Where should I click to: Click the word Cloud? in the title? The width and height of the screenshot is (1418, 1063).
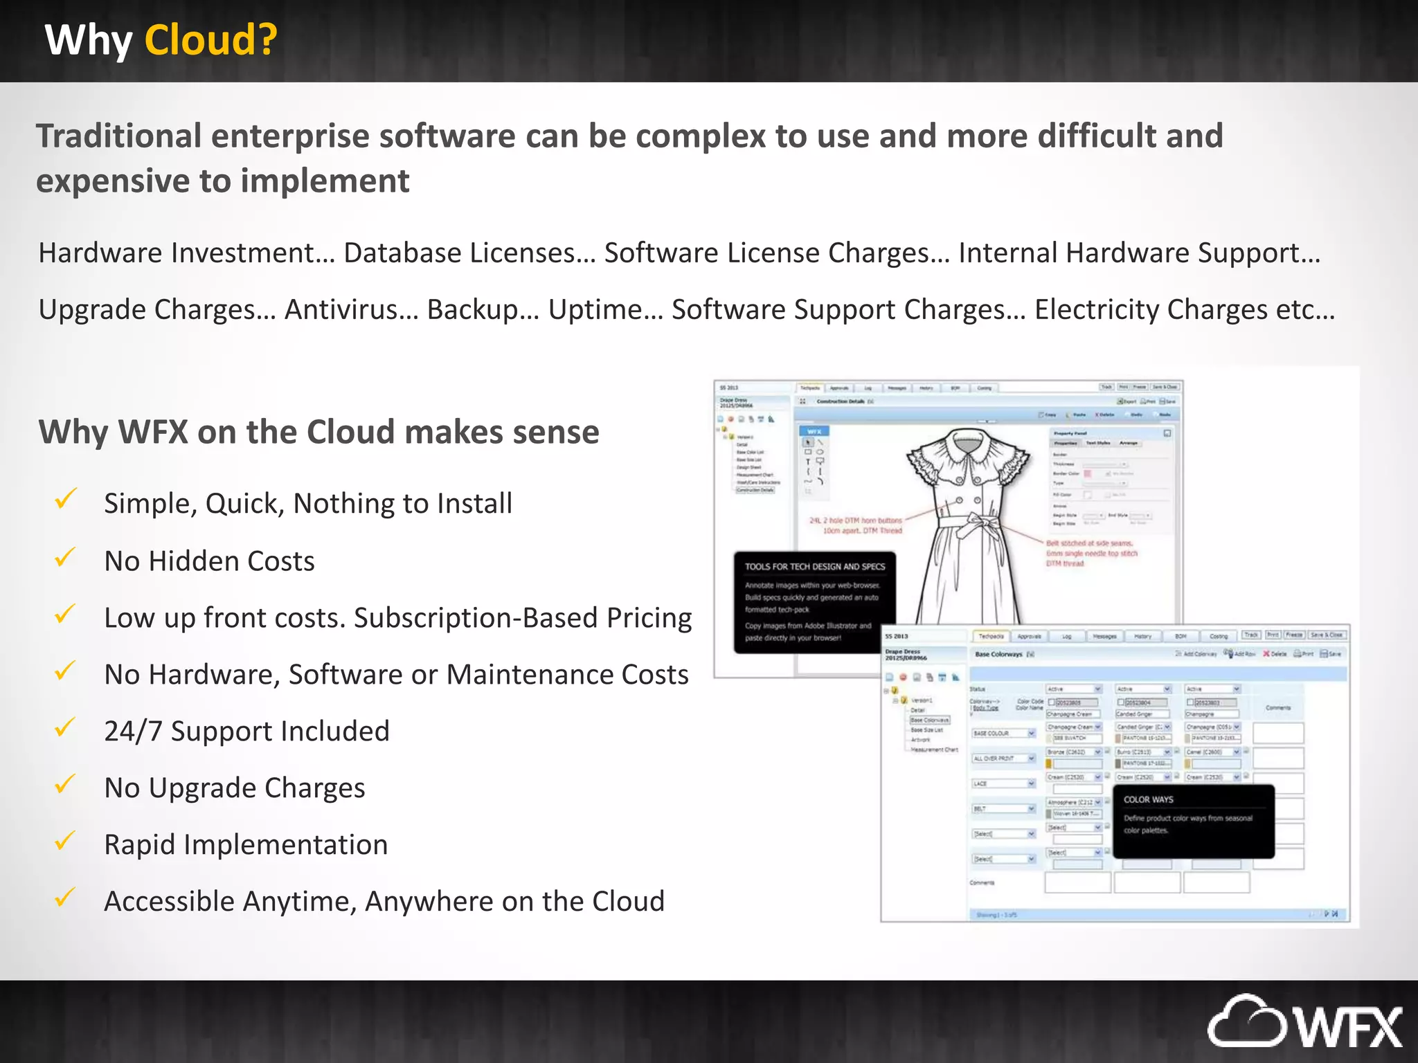pos(210,40)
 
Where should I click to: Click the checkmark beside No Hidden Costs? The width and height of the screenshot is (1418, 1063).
pos(65,557)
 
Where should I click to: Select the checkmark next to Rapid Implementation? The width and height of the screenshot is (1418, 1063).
pos(65,841)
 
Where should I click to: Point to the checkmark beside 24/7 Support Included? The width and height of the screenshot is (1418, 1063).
pos(65,727)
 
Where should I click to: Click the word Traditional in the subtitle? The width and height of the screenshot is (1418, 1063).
pos(118,136)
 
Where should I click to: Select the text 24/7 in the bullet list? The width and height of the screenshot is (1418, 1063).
pos(133,732)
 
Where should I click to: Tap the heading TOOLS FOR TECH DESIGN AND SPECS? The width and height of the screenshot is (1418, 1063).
pos(814,567)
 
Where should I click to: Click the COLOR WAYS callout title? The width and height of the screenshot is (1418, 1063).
pos(1148,799)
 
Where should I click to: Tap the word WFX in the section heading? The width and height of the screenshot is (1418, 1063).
pos(153,432)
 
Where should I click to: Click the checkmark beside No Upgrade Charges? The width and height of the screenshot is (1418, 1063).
pos(65,784)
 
